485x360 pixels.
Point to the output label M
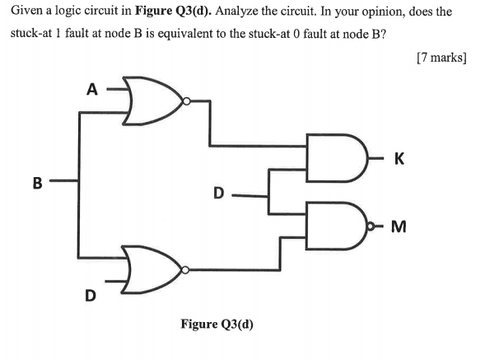(401, 224)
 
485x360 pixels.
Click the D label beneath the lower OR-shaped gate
(91, 293)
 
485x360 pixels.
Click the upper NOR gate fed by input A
(152, 102)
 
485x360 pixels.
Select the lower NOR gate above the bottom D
(152, 269)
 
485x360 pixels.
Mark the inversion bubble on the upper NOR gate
(189, 102)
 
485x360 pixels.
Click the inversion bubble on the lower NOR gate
(189, 269)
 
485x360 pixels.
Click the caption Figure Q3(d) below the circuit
(217, 324)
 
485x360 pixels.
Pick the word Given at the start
(29, 13)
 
